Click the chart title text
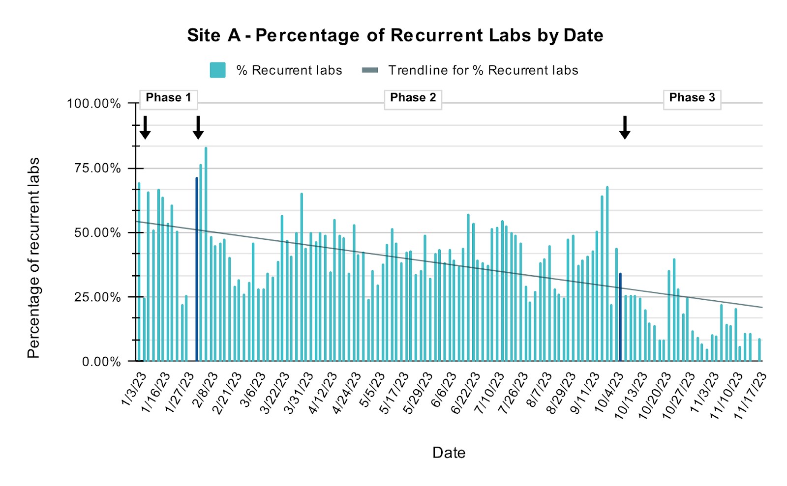point(395,35)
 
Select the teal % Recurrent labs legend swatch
point(217,70)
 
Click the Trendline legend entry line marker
point(370,70)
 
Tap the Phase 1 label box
point(168,98)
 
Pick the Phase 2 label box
point(413,98)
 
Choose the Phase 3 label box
point(692,98)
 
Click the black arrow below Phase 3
point(625,128)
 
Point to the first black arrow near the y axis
point(145,128)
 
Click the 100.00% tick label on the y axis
point(94,104)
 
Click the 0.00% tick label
point(101,362)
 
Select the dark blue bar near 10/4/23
point(620,317)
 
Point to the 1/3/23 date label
point(134,389)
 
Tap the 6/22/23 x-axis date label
point(465,393)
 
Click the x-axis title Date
point(449,453)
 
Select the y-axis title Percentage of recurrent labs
point(33,258)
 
